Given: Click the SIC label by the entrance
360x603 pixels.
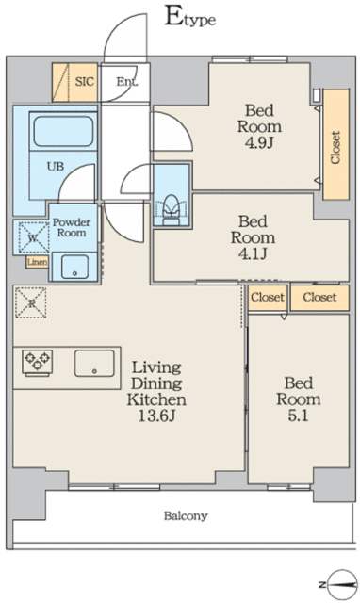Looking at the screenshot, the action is tap(84, 82).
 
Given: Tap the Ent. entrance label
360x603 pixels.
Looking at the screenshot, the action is tap(127, 82).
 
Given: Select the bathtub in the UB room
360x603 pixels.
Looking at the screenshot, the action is tap(63, 131).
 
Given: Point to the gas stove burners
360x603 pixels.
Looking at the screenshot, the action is tap(38, 362).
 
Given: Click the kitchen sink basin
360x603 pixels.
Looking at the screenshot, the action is tap(94, 363).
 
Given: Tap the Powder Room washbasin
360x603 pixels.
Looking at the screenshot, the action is tap(74, 267).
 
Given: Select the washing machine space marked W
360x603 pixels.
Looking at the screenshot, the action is tap(33, 238).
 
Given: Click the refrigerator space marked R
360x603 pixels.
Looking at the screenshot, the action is tap(31, 302).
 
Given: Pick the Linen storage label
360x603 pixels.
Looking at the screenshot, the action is tap(38, 262).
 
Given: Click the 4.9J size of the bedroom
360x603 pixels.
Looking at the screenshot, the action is tap(259, 143).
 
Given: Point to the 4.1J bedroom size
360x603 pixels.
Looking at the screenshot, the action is tap(253, 253).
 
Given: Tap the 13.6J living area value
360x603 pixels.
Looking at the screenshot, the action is tap(156, 416).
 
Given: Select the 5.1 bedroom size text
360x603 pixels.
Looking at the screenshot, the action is tap(298, 416).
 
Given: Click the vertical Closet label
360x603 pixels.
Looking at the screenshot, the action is tap(335, 148).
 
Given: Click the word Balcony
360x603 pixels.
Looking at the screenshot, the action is tap(186, 515).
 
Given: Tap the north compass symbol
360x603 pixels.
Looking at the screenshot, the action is tap(342, 584).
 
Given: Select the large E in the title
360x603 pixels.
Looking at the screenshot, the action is tap(173, 15).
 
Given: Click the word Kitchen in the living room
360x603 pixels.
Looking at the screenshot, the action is tap(156, 399).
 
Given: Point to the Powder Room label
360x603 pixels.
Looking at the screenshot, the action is tap(72, 227).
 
